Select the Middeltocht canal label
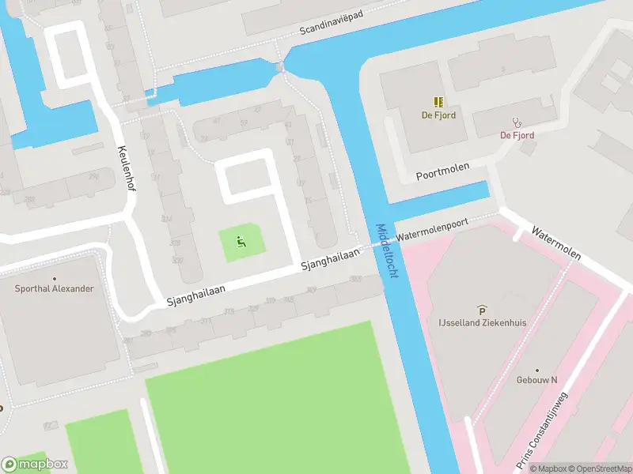tap(386, 250)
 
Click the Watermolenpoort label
tap(433, 230)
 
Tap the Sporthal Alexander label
tap(54, 288)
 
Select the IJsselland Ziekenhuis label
tap(483, 322)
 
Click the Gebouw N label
tap(537, 380)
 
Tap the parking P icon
tap(481, 310)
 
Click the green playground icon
tap(241, 242)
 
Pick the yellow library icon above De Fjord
tap(438, 102)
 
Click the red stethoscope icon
tap(517, 122)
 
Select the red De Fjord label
tap(517, 135)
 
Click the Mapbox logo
tap(35, 464)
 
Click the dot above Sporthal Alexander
tap(54, 278)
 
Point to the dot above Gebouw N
tap(537, 370)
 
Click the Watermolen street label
tap(556, 245)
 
